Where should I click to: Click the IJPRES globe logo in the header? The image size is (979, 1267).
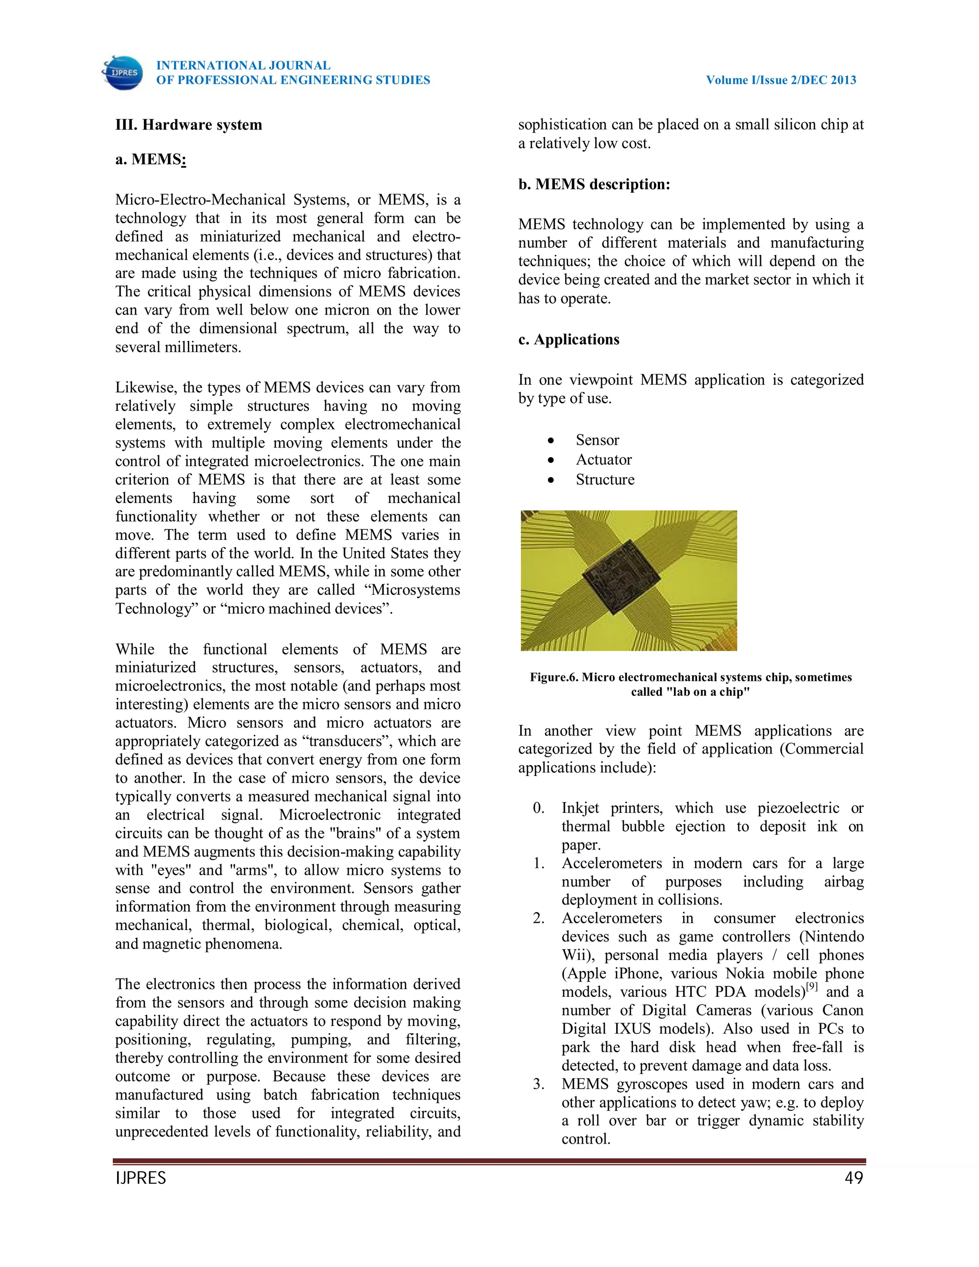coord(123,73)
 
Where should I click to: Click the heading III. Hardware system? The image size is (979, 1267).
coord(188,125)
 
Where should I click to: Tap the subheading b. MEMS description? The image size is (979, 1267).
coord(594,185)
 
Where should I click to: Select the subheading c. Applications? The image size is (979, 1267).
coord(568,339)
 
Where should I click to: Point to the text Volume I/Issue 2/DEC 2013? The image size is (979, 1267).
coord(781,80)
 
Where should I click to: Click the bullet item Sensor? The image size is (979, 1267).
coord(598,440)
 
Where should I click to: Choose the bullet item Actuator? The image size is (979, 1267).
coord(604,459)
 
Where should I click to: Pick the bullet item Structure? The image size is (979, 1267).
coord(605,479)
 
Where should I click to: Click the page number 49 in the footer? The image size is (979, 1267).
coord(854,1178)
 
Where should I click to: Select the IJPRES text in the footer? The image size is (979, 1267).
coord(141,1178)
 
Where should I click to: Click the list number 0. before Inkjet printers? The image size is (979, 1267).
coord(539,808)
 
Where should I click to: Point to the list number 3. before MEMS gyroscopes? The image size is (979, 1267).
coord(539,1084)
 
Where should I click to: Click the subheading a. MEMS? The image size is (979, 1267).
coord(150,160)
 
